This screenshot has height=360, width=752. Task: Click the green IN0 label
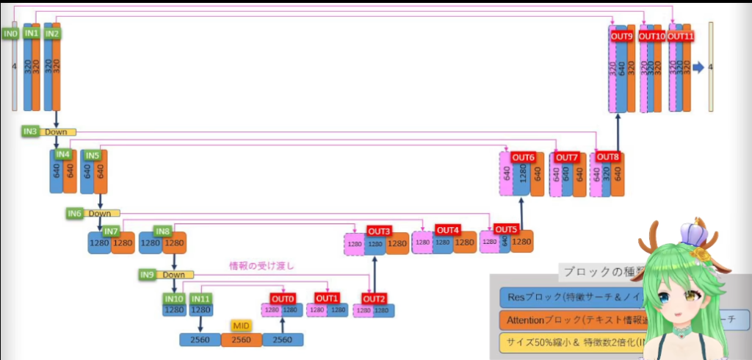tap(10, 34)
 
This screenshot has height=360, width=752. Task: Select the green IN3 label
tap(29, 132)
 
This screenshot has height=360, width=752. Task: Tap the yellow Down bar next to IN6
tap(98, 214)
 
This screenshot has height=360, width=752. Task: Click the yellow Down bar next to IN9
tap(174, 275)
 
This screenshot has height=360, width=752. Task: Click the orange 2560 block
tap(242, 339)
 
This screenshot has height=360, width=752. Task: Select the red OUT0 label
tap(283, 298)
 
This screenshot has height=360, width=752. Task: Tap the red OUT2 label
tap(374, 298)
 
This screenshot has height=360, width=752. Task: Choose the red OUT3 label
tap(379, 231)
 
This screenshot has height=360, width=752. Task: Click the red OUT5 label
tap(505, 228)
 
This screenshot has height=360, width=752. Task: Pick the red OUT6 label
tap(524, 157)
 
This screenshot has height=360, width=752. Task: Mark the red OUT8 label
tap(607, 156)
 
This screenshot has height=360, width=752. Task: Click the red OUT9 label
tap(621, 36)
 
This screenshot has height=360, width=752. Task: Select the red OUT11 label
tap(680, 36)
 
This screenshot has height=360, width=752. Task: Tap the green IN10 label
tap(174, 298)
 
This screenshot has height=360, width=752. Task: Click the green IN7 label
tap(111, 231)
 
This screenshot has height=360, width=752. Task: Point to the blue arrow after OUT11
tap(698, 67)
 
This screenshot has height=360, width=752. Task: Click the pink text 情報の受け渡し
tap(262, 266)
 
